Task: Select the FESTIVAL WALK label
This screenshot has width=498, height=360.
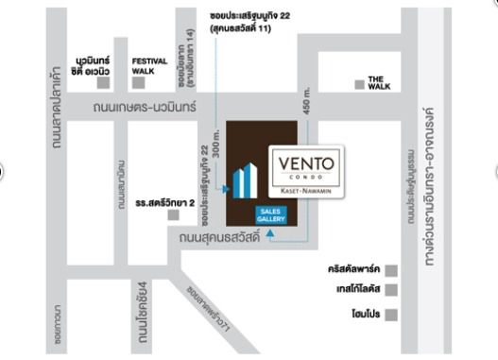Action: (x=149, y=66)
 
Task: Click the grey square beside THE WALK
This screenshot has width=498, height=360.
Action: (x=356, y=84)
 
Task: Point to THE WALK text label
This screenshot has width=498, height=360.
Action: (x=378, y=82)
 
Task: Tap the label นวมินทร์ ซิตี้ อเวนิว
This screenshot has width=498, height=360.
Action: (x=94, y=65)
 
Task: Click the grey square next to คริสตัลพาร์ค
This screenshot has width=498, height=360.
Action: (x=389, y=270)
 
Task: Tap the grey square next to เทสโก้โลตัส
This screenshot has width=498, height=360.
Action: (x=389, y=292)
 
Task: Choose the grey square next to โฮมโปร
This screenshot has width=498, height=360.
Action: (x=389, y=315)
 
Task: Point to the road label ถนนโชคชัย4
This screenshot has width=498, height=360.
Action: (x=143, y=306)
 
